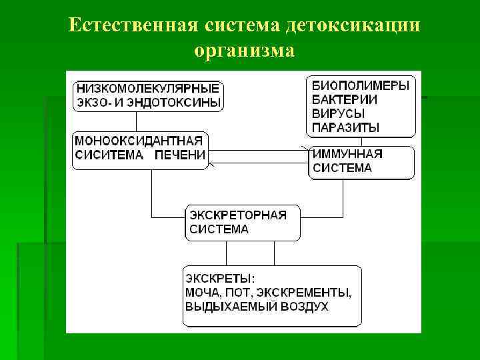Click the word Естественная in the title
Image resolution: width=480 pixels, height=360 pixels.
click(x=129, y=25)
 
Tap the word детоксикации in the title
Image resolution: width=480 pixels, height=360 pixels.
click(x=353, y=25)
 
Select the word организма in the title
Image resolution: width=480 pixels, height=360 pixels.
click(x=244, y=50)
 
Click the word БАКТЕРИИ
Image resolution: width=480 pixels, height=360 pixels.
click(x=345, y=99)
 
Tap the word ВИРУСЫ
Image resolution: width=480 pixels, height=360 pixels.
click(x=339, y=113)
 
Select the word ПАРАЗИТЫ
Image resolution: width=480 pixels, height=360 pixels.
click(x=346, y=127)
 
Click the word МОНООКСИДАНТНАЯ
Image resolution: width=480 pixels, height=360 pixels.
click(x=139, y=141)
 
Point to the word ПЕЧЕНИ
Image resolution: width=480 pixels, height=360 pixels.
click(x=181, y=155)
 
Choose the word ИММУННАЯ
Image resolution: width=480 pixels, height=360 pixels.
click(x=348, y=154)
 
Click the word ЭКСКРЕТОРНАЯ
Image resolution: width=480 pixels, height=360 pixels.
click(x=238, y=215)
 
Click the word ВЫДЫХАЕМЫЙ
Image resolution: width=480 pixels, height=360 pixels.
click(x=226, y=307)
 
